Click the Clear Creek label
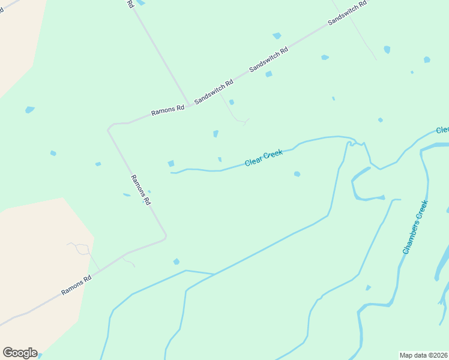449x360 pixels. (x=264, y=158)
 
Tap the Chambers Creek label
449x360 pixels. (x=415, y=227)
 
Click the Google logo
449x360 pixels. (x=20, y=353)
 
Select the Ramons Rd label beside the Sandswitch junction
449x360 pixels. (x=167, y=110)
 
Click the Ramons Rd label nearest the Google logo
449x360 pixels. (x=76, y=286)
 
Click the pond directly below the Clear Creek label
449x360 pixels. (x=297, y=174)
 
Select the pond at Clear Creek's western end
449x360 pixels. (x=171, y=163)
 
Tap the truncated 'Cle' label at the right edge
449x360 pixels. (x=442, y=130)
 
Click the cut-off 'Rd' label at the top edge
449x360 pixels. (x=130, y=4)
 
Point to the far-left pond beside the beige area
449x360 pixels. (x=29, y=110)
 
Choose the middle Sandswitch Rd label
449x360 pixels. (x=268, y=58)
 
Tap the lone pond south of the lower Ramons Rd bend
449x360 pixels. (x=176, y=262)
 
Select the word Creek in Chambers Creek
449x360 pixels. (x=421, y=213)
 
